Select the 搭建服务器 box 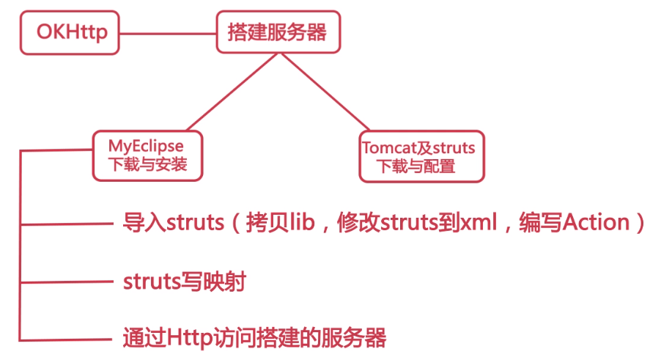click(278, 32)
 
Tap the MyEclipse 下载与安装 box click(147, 155)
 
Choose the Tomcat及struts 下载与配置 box click(421, 156)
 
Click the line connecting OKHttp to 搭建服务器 click(167, 33)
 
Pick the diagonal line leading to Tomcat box click(329, 92)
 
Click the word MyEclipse click(147, 146)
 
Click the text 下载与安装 click(147, 164)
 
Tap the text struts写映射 click(184, 282)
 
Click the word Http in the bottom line click(191, 338)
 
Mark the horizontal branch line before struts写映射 click(66, 282)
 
